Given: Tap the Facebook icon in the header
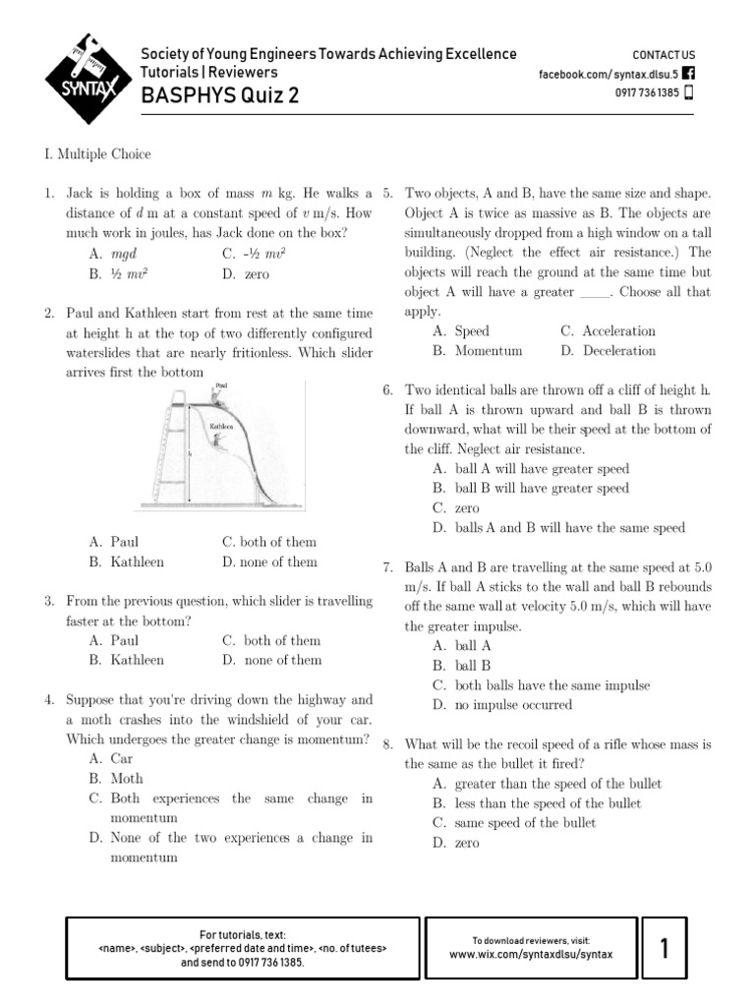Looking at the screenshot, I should pyautogui.click(x=687, y=74).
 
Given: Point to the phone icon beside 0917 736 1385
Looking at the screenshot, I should pyautogui.click(x=687, y=93).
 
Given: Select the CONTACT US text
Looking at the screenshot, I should pyautogui.click(x=663, y=55).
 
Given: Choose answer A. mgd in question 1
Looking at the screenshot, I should pyautogui.click(x=112, y=253).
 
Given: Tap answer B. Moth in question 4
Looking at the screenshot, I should pyautogui.click(x=116, y=779).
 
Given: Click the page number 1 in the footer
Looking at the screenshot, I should pyautogui.click(x=665, y=949).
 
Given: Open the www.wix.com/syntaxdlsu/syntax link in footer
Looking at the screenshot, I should pyautogui.click(x=531, y=954).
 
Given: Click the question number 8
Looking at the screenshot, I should pyautogui.click(x=388, y=744).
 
